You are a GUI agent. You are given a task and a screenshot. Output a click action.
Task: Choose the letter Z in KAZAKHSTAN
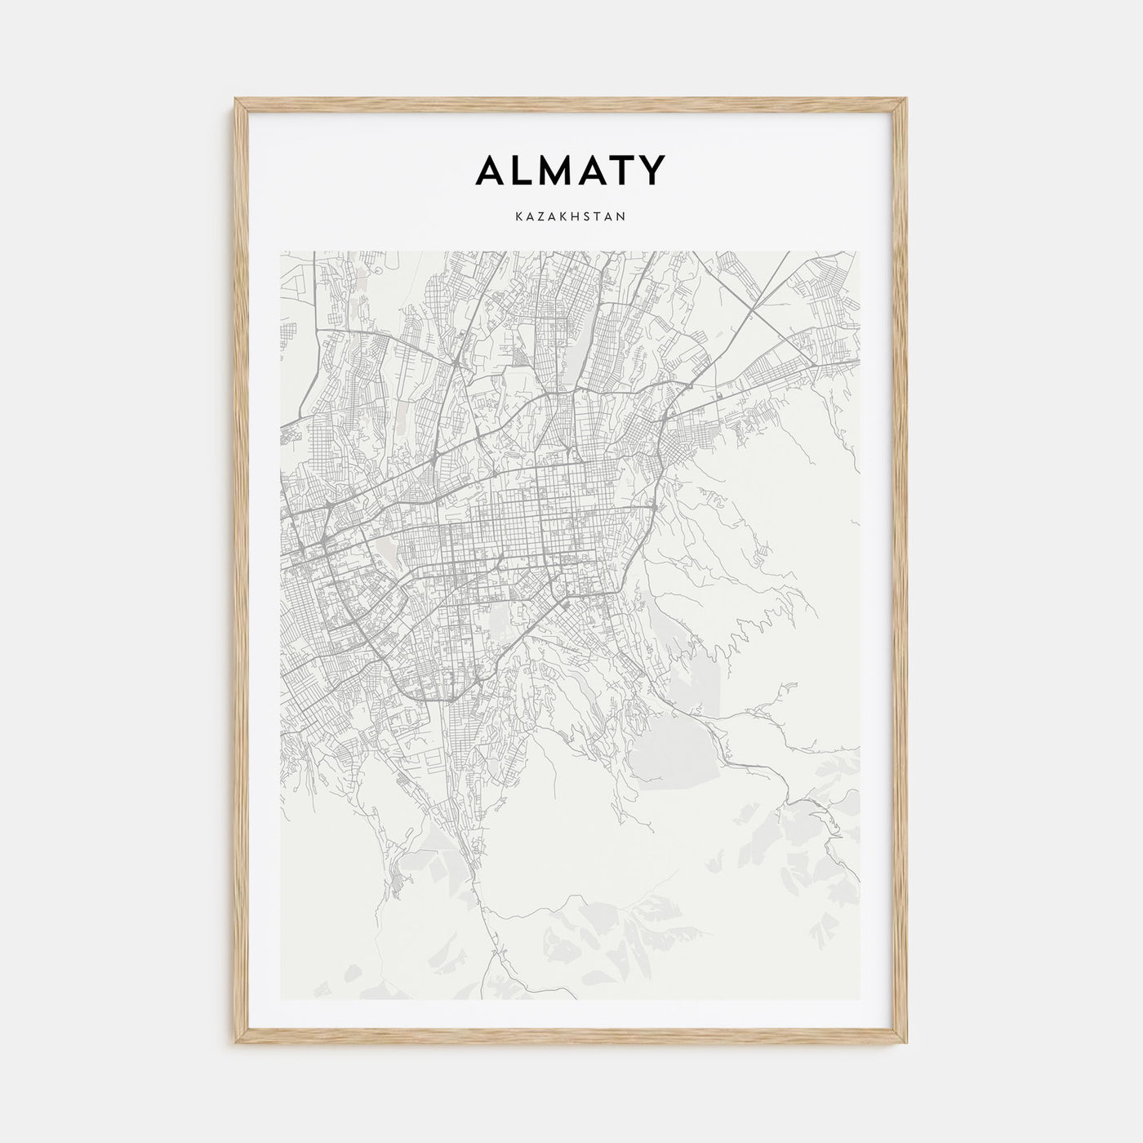(537, 217)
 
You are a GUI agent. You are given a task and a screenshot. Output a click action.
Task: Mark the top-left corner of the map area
(281, 251)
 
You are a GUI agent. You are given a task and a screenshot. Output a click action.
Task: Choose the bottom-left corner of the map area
(281, 999)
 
